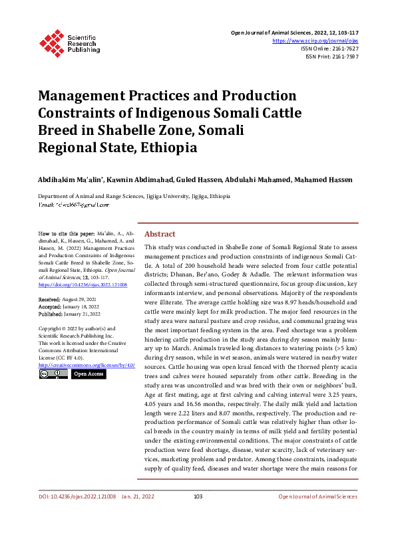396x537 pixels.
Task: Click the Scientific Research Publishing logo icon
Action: coord(51,41)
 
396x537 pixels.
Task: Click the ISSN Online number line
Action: coord(331,49)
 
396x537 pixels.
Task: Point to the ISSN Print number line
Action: coord(332,56)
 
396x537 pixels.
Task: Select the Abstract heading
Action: coord(160,234)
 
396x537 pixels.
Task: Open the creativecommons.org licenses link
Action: coord(87,365)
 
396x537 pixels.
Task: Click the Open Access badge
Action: coord(88,374)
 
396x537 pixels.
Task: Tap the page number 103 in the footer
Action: coord(198,515)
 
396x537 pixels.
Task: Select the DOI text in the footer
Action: coord(77,515)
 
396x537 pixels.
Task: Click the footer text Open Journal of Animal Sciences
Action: coord(318,515)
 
